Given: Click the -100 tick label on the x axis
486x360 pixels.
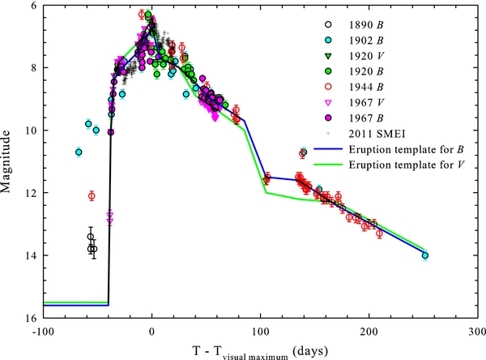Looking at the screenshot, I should click(x=42, y=331).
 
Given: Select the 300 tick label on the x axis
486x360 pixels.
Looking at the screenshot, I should click(x=477, y=331).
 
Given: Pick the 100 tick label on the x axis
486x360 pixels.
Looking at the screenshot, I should click(x=260, y=331).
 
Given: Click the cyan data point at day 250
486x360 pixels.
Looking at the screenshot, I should click(x=425, y=255).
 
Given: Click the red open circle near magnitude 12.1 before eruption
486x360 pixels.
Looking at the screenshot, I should click(x=92, y=195).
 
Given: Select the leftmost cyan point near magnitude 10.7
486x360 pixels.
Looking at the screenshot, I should click(x=79, y=152).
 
